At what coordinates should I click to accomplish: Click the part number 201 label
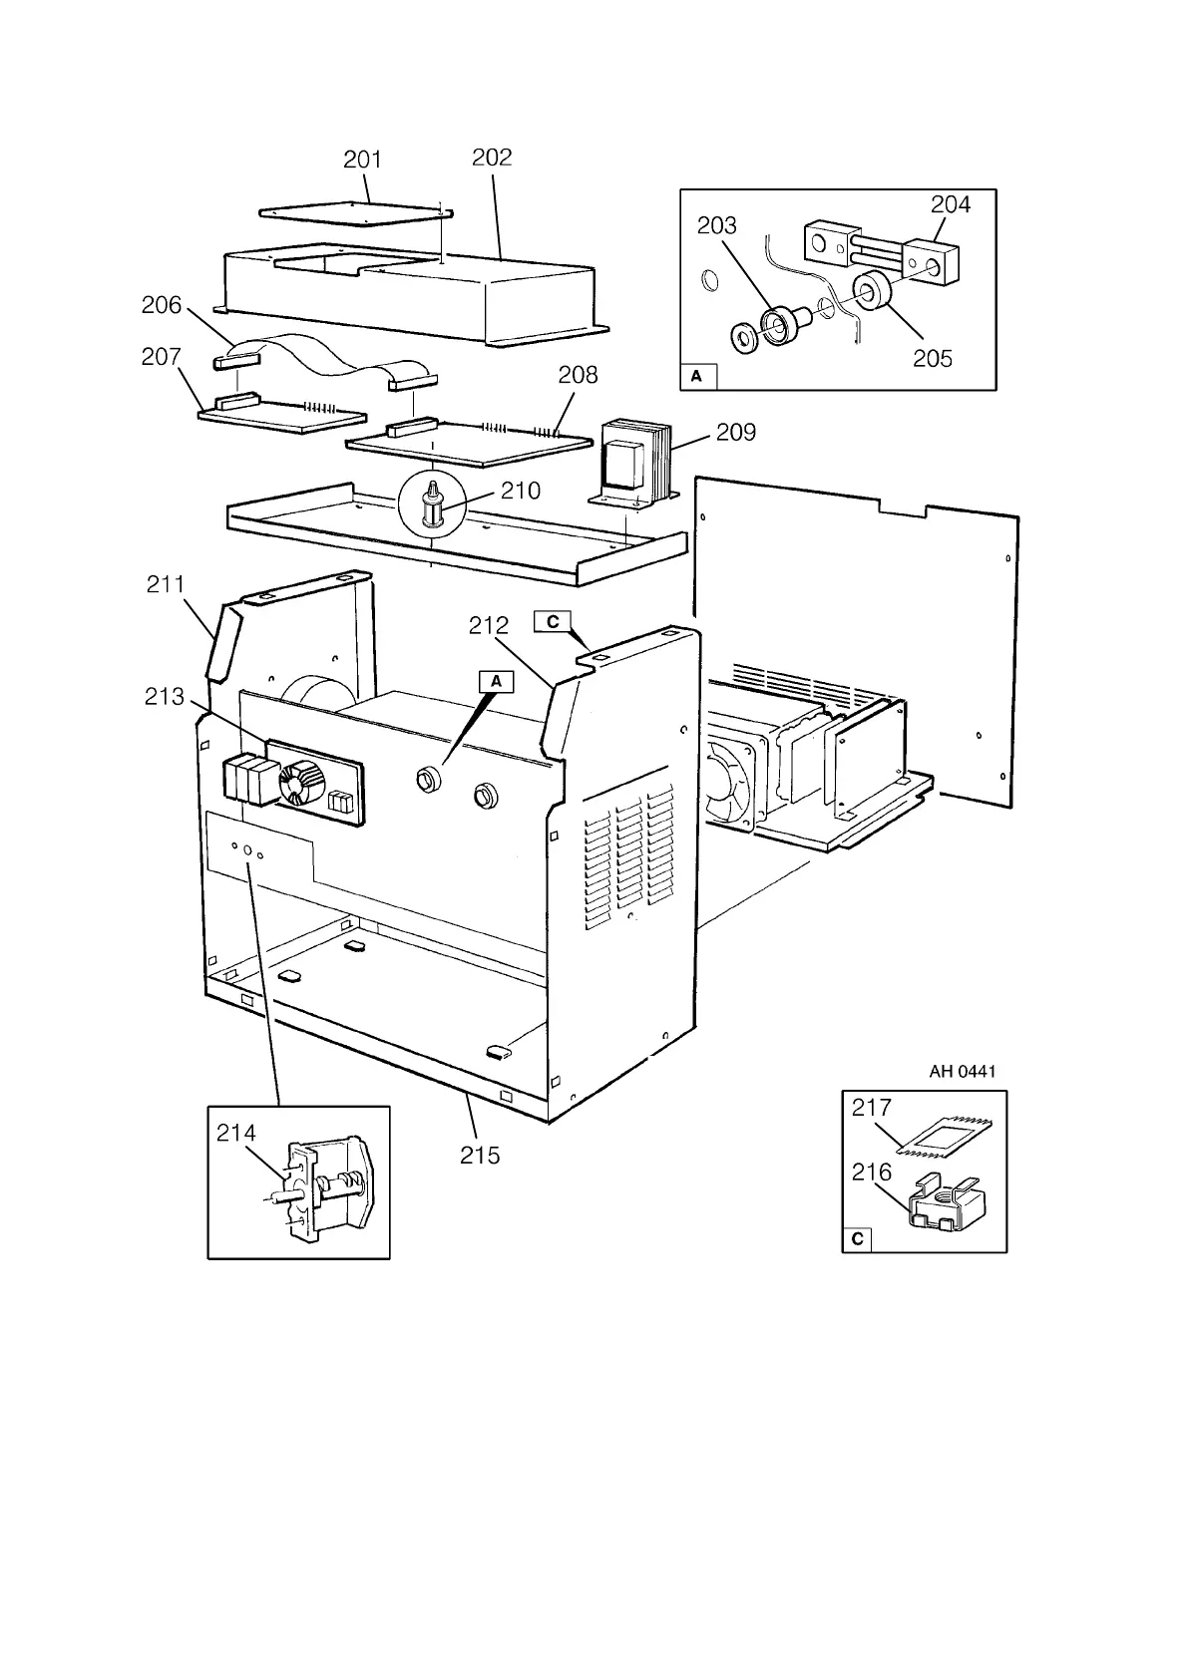tap(362, 160)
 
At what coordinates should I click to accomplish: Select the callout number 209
tap(735, 433)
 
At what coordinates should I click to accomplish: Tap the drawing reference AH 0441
tap(962, 1072)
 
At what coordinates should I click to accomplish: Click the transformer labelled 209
tap(631, 461)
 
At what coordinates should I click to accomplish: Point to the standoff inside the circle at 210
tap(432, 505)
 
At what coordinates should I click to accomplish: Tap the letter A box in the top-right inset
tap(697, 376)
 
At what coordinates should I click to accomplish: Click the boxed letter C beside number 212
tap(553, 622)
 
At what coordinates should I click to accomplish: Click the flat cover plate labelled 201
tap(354, 212)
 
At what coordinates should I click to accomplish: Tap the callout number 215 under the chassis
tap(480, 1155)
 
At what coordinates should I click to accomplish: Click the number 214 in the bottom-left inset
tap(236, 1133)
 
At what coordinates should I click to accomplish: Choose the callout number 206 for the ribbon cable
tap(162, 305)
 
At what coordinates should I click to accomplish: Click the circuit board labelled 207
tap(281, 417)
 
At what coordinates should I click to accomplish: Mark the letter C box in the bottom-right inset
tap(857, 1240)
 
